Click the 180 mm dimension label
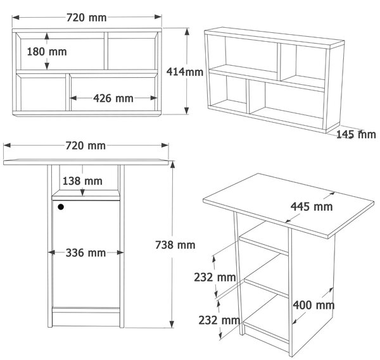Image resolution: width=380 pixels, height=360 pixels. [x=47, y=52]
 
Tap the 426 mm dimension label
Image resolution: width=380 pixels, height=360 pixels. [x=113, y=98]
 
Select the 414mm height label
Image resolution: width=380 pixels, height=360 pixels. [x=185, y=72]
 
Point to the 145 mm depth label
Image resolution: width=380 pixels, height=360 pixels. [x=356, y=134]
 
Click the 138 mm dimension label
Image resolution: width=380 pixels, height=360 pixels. [x=82, y=181]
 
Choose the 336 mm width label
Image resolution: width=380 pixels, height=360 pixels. [x=85, y=253]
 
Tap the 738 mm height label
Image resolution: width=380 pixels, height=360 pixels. [x=175, y=245]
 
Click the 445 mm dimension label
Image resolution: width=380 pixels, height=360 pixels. [x=312, y=207]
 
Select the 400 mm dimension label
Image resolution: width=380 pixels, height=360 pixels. [x=313, y=305]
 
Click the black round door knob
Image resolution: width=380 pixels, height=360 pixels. [x=61, y=207]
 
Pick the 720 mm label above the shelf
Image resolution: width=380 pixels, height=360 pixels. [x=87, y=18]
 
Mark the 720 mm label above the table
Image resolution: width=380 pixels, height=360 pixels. [x=85, y=146]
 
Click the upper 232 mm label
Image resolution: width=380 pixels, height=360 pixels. [x=215, y=278]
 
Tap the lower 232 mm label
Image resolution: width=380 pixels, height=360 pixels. [x=219, y=320]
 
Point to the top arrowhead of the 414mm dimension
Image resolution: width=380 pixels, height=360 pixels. [x=187, y=32]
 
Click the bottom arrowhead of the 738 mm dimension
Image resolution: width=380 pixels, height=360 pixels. [x=172, y=324]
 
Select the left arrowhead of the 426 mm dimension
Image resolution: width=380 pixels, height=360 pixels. [x=73, y=98]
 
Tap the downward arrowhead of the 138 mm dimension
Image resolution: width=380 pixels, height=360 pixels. [x=82, y=192]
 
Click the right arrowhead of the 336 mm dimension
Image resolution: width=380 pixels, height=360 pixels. [x=120, y=252]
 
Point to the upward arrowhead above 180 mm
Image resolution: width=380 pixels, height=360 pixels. [x=47, y=36]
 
